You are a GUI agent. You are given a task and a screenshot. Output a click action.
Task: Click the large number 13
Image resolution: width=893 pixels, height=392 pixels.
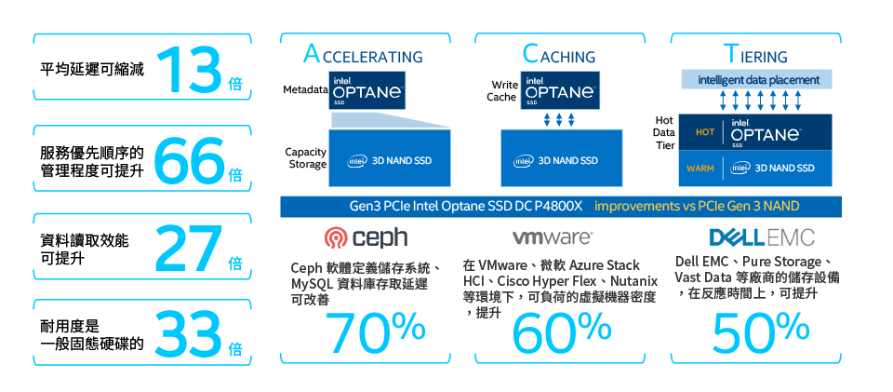(x=191, y=70)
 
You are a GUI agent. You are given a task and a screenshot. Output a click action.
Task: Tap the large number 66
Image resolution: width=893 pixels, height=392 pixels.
(x=189, y=159)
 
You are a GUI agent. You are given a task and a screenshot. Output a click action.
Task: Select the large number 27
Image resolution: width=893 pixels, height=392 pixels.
(x=189, y=248)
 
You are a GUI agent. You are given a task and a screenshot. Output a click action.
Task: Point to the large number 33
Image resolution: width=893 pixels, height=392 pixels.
(x=189, y=334)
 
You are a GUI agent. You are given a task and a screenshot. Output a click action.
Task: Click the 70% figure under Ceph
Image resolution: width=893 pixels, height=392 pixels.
(x=375, y=333)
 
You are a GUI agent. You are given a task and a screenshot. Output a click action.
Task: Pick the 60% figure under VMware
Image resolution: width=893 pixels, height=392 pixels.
(x=562, y=333)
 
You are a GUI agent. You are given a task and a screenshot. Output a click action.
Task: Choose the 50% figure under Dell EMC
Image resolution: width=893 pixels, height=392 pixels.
(x=760, y=333)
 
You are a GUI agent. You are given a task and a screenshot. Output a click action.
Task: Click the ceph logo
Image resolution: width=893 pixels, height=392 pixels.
(x=366, y=237)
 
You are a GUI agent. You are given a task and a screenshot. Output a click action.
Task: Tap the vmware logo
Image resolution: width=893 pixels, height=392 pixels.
(x=553, y=237)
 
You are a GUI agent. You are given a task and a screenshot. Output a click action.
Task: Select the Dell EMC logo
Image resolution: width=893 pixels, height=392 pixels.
(x=762, y=237)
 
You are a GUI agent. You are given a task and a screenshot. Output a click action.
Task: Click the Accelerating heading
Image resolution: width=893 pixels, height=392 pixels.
(x=364, y=55)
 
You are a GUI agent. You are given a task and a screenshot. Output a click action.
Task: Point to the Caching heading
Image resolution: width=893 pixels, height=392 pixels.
(x=559, y=55)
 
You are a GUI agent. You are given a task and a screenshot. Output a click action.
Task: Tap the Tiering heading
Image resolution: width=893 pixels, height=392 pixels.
(x=755, y=55)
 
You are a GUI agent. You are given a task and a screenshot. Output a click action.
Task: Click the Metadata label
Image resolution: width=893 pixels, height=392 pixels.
(x=305, y=90)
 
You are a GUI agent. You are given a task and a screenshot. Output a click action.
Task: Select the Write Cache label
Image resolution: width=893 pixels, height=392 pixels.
(x=502, y=91)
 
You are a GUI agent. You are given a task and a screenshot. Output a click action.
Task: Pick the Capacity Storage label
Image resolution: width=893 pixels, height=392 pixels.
(x=306, y=158)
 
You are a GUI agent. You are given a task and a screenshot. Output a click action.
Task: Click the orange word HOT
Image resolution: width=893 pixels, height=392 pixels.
(x=705, y=132)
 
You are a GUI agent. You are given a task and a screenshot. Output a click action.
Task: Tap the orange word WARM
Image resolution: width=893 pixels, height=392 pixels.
(x=700, y=169)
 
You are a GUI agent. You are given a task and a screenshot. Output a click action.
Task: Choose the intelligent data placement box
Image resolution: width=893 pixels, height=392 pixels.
(x=757, y=80)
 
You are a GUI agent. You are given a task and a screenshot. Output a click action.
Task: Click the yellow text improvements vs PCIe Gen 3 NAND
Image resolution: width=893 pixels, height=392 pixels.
(x=697, y=207)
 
